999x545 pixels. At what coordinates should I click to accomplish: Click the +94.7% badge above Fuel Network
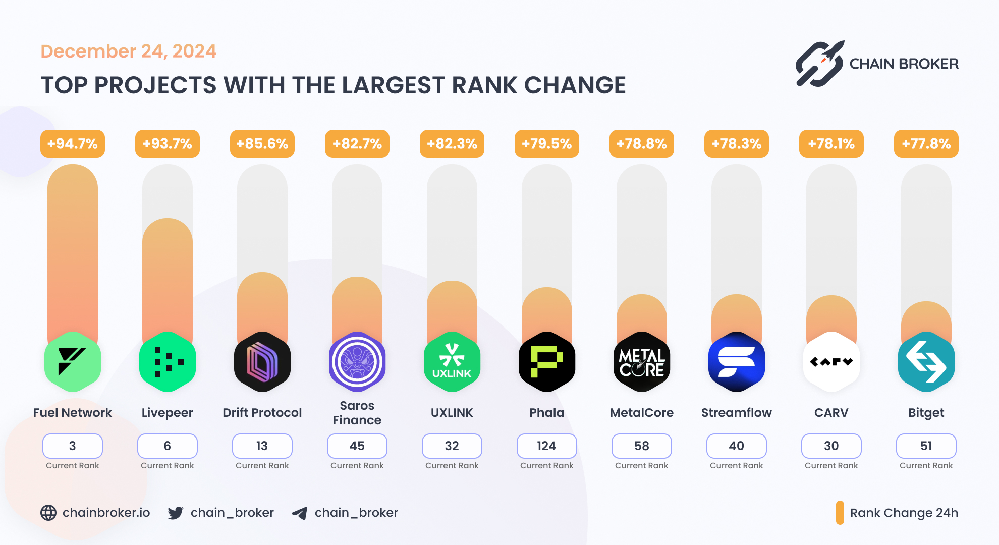[73, 144]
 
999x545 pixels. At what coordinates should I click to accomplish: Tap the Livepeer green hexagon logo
[168, 362]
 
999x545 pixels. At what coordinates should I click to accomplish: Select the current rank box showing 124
[546, 446]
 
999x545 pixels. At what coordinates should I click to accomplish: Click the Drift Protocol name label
[262, 412]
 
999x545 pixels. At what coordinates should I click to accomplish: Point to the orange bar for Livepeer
[168, 278]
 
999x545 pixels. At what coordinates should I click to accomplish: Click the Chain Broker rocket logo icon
[819, 64]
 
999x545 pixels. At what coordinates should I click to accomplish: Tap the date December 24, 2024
[128, 51]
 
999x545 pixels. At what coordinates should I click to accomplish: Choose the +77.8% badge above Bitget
[926, 144]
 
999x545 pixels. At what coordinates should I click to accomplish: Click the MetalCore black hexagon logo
[642, 362]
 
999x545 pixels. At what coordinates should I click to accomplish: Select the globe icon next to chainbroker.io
[48, 513]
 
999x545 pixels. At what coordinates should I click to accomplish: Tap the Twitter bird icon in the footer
[176, 513]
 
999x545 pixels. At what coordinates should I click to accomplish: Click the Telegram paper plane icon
[300, 513]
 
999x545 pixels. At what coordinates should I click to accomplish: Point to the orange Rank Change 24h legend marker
[840, 513]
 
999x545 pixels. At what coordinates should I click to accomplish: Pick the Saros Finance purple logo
[357, 362]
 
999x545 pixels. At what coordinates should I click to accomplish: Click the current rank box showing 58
[641, 446]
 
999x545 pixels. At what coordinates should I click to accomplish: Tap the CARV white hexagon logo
[831, 362]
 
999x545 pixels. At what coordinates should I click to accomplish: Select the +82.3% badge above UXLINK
[452, 144]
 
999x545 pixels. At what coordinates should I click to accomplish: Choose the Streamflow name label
[736, 412]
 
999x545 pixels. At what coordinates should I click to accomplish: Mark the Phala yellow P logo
[547, 362]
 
